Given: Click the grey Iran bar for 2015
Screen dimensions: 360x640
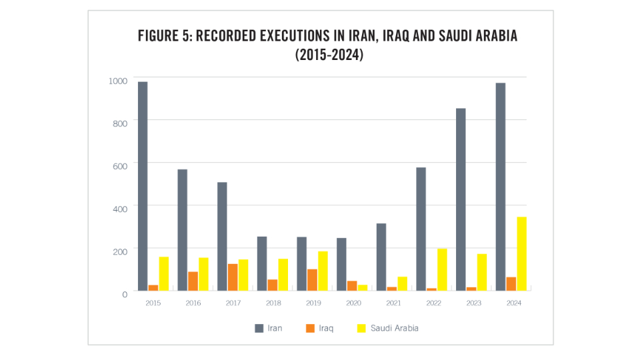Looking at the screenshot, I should (x=143, y=186).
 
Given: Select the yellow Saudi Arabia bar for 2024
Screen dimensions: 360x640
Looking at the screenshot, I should (x=521, y=254).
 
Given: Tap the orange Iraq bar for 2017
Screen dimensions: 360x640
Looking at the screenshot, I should (x=233, y=277).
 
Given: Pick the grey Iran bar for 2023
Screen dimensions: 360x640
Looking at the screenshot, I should (x=461, y=199).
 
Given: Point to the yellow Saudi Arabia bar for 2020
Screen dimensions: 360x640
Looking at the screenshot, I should (x=363, y=287).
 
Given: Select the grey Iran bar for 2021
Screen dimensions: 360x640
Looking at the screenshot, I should (x=381, y=257).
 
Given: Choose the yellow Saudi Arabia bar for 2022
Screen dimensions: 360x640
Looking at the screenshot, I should (x=442, y=269).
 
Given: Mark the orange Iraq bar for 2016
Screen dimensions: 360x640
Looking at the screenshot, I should (x=193, y=281).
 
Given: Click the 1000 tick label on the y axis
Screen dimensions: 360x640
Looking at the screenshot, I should (x=117, y=81).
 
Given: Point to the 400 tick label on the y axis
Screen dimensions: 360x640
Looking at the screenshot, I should (x=119, y=208).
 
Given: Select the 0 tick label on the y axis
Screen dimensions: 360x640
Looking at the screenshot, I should (x=124, y=293).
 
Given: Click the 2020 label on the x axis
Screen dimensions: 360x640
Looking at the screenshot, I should (x=351, y=303).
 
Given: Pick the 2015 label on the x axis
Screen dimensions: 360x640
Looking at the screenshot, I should (x=153, y=303).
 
